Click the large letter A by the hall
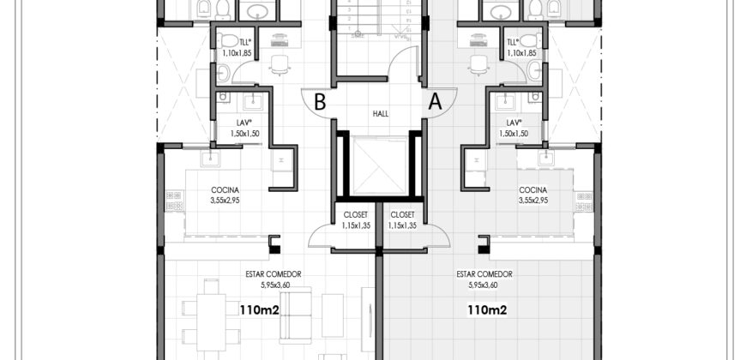click(435, 102)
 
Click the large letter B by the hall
click(320, 102)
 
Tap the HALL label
click(381, 114)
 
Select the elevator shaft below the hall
click(380, 165)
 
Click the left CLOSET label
click(355, 215)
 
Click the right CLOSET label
click(402, 215)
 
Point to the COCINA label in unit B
click(225, 190)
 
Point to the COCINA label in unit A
click(532, 190)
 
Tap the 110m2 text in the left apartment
click(259, 310)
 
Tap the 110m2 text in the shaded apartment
click(487, 310)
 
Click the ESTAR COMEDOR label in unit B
click(273, 274)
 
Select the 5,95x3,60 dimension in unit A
click(484, 285)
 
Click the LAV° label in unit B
click(244, 123)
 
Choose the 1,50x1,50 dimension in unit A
click(514, 134)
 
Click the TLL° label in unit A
click(514, 42)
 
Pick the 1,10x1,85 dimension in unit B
click(237, 53)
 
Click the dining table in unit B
click(211, 322)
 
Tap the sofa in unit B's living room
click(296, 315)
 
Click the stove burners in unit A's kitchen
click(584, 201)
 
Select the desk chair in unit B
click(280, 64)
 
